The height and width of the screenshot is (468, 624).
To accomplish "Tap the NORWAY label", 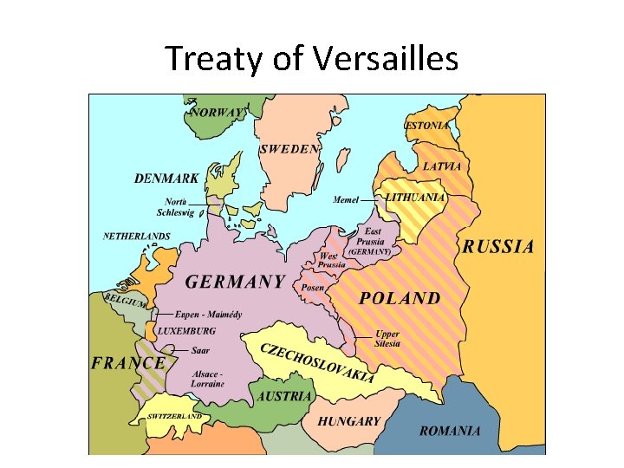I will pyautogui.click(x=217, y=113).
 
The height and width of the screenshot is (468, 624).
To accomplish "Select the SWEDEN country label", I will pyautogui.click(x=289, y=149).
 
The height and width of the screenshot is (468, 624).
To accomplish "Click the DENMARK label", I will pyautogui.click(x=166, y=179).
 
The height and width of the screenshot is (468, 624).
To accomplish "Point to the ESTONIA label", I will pyautogui.click(x=427, y=126).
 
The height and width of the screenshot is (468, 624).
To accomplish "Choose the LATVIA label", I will pyautogui.click(x=442, y=166).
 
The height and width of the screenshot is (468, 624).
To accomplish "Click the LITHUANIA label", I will pyautogui.click(x=415, y=198).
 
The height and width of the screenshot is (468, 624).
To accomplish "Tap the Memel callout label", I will pyautogui.click(x=346, y=199).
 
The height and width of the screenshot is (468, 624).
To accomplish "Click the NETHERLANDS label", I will pyautogui.click(x=137, y=236).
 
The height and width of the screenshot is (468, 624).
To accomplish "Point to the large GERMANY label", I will pyautogui.click(x=235, y=282).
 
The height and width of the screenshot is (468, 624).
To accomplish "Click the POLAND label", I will pyautogui.click(x=400, y=298).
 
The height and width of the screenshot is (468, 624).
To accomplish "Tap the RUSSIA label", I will pyautogui.click(x=497, y=247).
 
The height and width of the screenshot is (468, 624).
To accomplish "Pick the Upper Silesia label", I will pyautogui.click(x=387, y=339).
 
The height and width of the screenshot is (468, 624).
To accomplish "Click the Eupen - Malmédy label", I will pyautogui.click(x=208, y=315).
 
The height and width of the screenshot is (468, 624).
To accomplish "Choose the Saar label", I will pyautogui.click(x=200, y=351).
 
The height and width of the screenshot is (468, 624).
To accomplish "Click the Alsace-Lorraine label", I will pyautogui.click(x=208, y=378).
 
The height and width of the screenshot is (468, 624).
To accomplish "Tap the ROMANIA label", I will pyautogui.click(x=450, y=431).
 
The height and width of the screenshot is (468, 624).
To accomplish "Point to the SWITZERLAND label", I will pyautogui.click(x=174, y=416).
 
